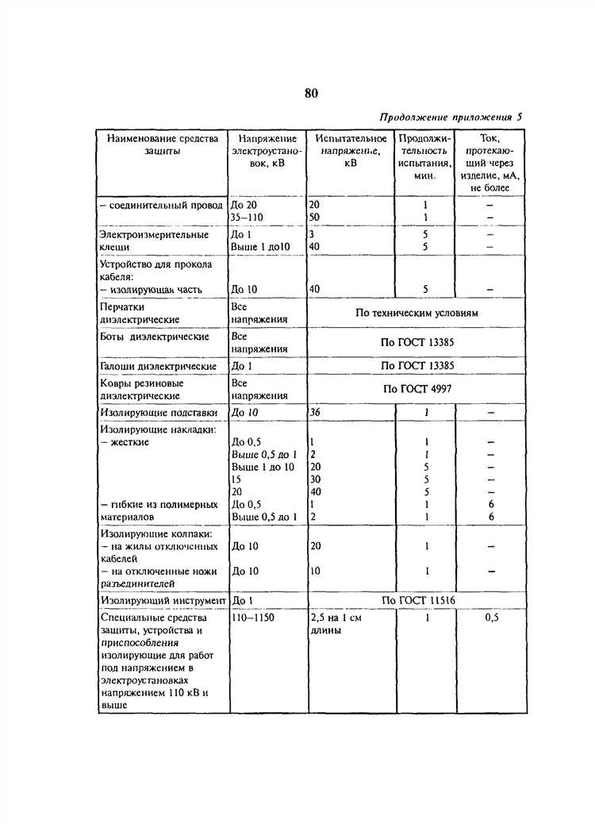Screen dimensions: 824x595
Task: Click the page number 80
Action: point(310,93)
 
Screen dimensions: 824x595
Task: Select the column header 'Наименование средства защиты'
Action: point(161,144)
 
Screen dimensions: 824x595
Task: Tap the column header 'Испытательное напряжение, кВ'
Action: point(350,150)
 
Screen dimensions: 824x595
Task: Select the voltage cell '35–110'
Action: point(247,217)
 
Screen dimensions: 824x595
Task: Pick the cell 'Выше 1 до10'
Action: point(260,248)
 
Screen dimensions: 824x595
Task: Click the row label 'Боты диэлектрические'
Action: point(143,337)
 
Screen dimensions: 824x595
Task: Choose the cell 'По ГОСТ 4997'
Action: point(417,389)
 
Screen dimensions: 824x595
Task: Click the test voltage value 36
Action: point(316,413)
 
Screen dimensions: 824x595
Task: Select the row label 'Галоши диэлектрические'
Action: point(159,367)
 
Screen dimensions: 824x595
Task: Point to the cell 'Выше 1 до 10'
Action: point(262,467)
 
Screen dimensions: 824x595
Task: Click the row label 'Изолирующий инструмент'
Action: point(163,600)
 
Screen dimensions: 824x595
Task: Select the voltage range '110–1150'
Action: point(252,617)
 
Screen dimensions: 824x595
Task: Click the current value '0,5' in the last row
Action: point(491,617)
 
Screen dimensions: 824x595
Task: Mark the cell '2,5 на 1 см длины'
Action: point(336,623)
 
